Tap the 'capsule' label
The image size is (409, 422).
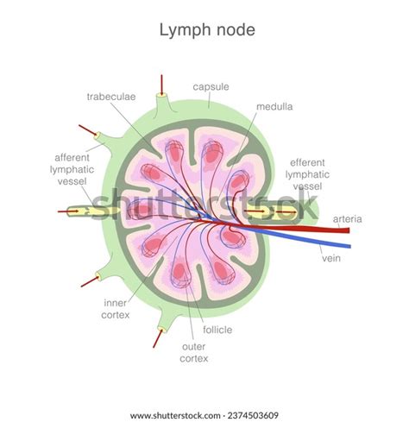tap(211, 86)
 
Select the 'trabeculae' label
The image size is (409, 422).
tap(110, 96)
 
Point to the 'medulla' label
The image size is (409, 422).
tap(274, 107)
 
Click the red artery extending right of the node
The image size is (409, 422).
tap(328, 230)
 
